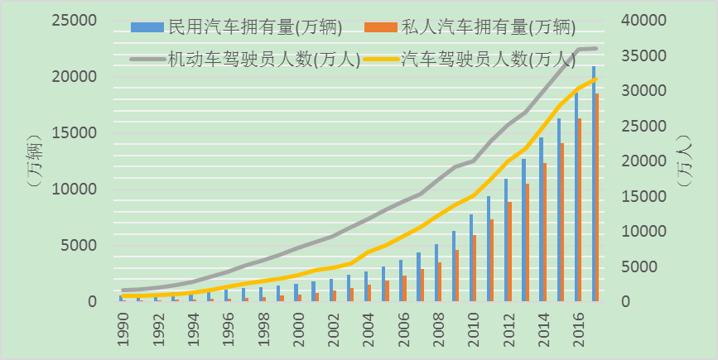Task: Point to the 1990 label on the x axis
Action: (x=123, y=326)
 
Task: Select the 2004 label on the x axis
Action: (x=368, y=326)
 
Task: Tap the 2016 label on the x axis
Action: (x=577, y=326)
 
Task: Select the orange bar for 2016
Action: (x=580, y=210)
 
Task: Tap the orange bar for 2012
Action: (x=509, y=252)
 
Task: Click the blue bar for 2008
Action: (x=436, y=272)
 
